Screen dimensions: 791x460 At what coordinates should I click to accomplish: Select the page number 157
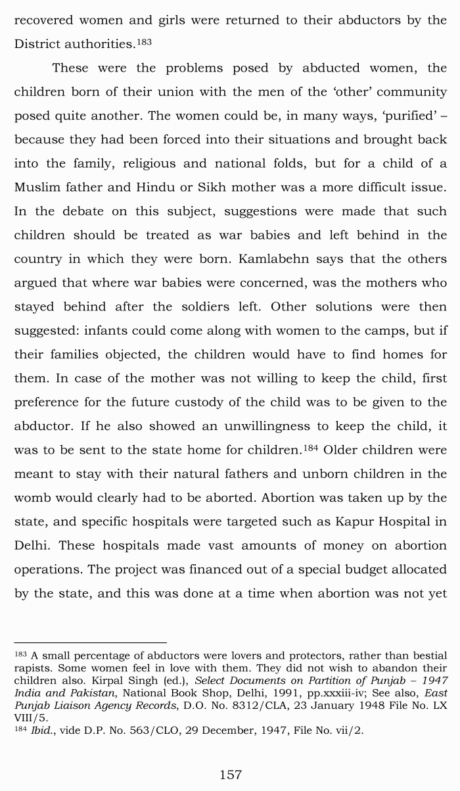coord(230,775)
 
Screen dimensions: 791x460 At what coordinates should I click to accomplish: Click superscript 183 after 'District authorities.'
coord(144,42)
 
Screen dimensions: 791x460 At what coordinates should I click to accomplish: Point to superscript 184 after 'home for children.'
coord(310,448)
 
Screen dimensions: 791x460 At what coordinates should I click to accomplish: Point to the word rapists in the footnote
coord(32,668)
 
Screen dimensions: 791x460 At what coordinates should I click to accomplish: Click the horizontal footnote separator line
coord(91,642)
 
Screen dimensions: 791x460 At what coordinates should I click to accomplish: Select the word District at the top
coord(40,44)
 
